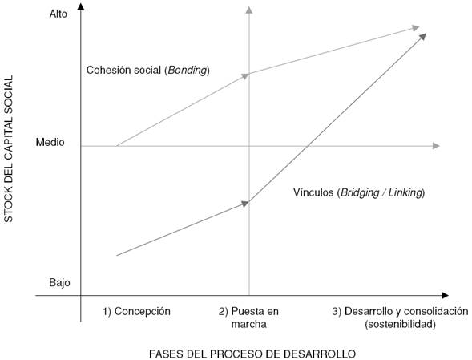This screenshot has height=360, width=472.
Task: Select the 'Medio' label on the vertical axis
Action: tap(51, 143)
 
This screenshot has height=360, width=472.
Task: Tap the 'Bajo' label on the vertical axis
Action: tap(59, 283)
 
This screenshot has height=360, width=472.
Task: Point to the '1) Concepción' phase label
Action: tap(137, 310)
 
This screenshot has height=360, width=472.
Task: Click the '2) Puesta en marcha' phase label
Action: tap(249, 317)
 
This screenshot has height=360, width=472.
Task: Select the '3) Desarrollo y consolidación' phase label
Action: tap(398, 310)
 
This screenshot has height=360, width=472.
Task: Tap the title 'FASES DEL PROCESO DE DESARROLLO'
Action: tap(252, 352)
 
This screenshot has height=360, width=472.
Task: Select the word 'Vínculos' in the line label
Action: tap(313, 193)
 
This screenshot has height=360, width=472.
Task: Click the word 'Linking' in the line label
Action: tap(405, 193)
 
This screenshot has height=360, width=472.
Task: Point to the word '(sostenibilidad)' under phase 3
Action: tap(399, 324)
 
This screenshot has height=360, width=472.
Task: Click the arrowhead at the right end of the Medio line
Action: tap(436, 145)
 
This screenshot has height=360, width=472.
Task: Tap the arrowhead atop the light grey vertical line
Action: tap(249, 10)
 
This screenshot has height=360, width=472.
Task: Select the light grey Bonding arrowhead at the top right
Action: tap(415, 28)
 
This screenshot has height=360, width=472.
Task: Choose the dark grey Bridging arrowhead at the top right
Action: tap(422, 36)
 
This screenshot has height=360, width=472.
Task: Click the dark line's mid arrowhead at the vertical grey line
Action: tap(246, 204)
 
